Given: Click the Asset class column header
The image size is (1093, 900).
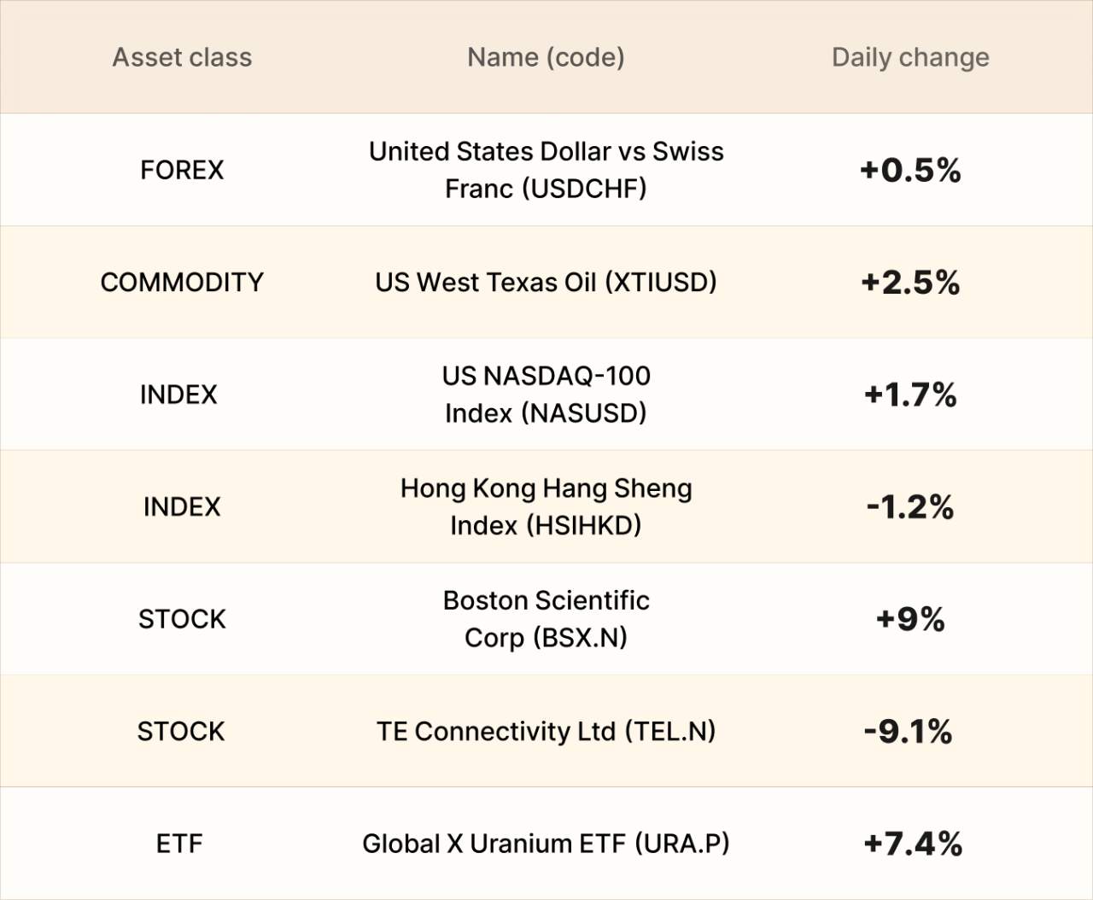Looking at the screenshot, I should [x=182, y=57].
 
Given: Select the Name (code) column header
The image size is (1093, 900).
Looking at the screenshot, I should [x=546, y=57].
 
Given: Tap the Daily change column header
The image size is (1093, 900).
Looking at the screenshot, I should [x=910, y=57].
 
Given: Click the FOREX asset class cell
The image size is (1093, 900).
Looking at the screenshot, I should [x=182, y=170].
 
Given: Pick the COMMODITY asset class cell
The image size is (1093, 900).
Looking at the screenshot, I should [x=182, y=282].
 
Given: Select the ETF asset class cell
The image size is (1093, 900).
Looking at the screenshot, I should [x=179, y=844].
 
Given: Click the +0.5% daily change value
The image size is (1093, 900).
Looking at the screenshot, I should [x=910, y=170].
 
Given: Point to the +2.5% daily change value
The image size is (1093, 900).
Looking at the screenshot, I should [x=910, y=283].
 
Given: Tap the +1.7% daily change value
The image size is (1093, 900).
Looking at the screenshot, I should [x=910, y=394].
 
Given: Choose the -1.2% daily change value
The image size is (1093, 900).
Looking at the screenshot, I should [x=910, y=507].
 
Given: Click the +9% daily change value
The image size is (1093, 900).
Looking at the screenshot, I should [x=910, y=619].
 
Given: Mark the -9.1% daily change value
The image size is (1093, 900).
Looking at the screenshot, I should [x=908, y=732].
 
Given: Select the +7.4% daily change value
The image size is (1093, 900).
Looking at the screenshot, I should [x=913, y=844].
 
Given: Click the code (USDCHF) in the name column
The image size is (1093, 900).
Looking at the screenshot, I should [x=583, y=188].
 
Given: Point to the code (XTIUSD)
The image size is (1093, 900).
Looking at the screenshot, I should [x=660, y=282].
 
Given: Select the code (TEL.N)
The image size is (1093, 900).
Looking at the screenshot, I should [x=669, y=732].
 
